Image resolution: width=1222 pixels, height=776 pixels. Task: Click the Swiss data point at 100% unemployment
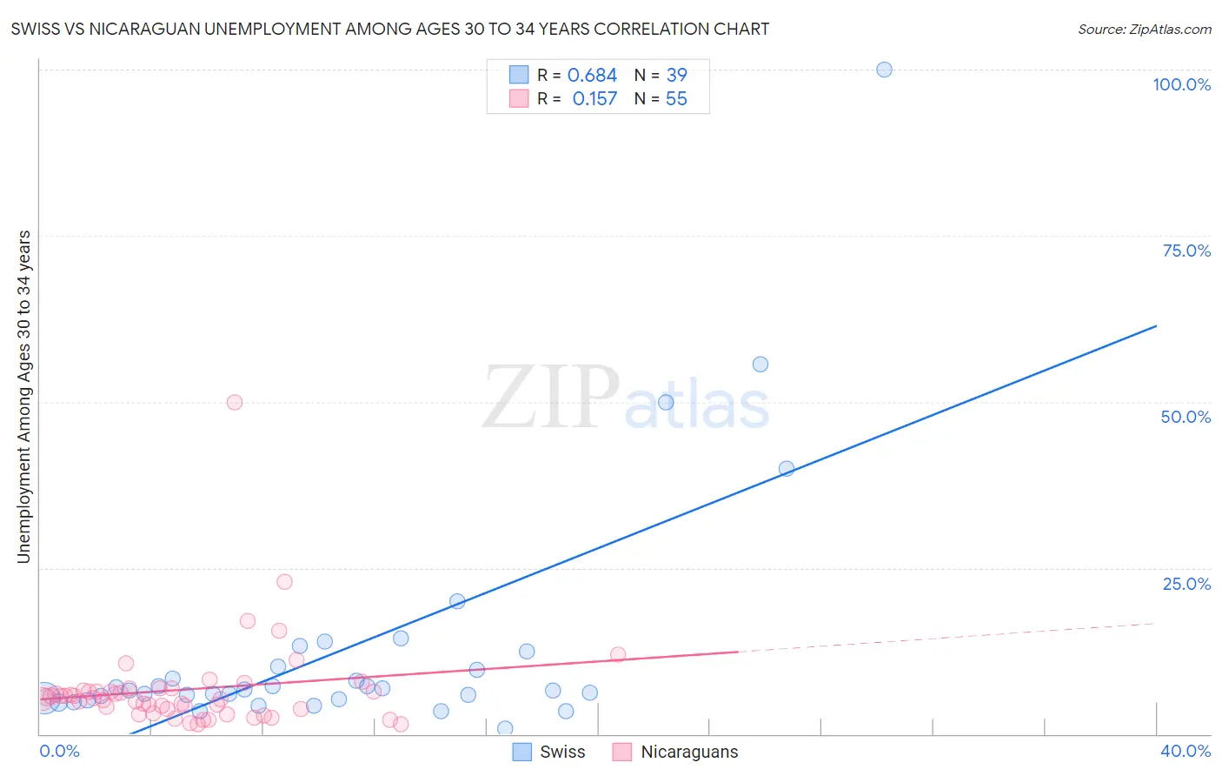coord(884,70)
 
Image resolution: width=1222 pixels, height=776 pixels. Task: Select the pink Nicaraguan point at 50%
coord(234,402)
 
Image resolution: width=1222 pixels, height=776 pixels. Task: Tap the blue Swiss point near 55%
coord(760,365)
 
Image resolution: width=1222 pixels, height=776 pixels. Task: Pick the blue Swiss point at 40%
coord(787,468)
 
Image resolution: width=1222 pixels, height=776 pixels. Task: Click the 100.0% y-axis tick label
coord(1181,84)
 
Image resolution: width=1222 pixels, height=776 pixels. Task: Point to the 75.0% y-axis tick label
coord(1186,251)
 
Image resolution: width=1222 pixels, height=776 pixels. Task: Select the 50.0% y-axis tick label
coord(1185,417)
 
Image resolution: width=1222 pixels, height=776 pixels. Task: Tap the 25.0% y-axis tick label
coord(1186,584)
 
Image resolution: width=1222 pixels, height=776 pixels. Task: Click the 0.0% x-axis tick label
coord(59,751)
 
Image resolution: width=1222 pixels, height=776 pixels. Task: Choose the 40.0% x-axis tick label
coord(1185,751)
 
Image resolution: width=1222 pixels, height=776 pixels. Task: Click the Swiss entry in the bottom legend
coord(562,752)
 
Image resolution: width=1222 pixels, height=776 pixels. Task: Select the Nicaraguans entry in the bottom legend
coord(689,752)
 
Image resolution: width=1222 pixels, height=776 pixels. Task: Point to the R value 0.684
coord(592,76)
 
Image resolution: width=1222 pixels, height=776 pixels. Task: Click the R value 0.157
coord(594,99)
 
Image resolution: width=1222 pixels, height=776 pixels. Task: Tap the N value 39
coord(676,76)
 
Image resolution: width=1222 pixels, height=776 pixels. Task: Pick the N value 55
coord(676,99)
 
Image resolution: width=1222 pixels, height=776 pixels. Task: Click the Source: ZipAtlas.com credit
coord(1144,30)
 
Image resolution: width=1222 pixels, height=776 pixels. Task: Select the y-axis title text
coord(24,397)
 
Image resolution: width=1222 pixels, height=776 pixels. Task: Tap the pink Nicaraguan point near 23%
coord(284,582)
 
